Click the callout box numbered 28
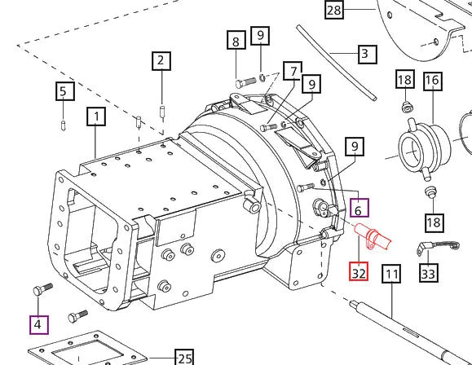point(334,11)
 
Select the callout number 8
point(236,41)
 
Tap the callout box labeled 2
point(161,60)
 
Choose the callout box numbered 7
point(293,73)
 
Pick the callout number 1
point(97,117)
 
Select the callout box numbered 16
point(431,80)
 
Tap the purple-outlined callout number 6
point(359,209)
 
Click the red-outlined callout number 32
point(360,272)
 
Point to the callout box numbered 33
point(428,273)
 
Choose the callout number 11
point(392,273)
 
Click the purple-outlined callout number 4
point(38,325)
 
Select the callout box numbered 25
point(184,358)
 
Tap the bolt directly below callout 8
point(247,81)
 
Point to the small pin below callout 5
point(64,124)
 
